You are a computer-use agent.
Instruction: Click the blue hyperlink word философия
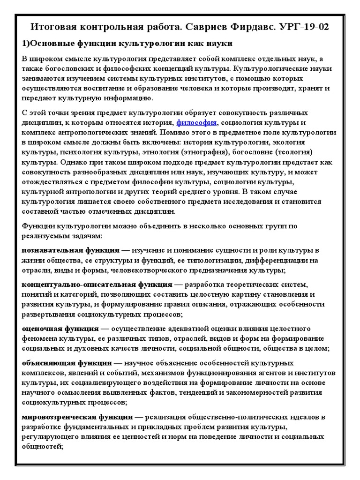coord(196,122)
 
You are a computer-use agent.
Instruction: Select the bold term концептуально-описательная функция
coord(97,285)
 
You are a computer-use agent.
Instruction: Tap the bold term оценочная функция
coord(60,329)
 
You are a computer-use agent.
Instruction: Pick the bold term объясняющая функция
coord(67,363)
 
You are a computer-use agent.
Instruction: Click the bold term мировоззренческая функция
coord(77,417)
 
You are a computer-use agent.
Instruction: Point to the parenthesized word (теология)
coord(292,152)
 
